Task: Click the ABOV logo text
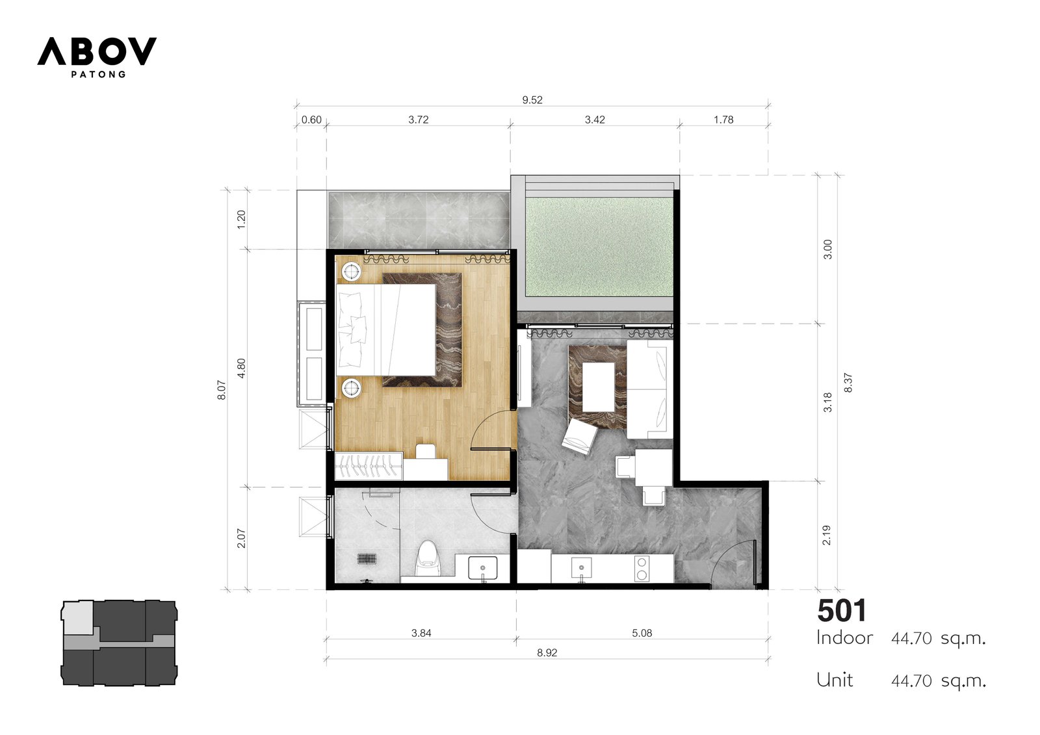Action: click(x=97, y=51)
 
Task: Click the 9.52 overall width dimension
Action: click(x=532, y=100)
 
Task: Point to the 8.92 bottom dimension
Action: click(x=547, y=652)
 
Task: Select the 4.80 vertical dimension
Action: click(x=241, y=368)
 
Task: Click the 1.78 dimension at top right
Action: click(x=723, y=120)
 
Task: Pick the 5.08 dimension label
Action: click(x=642, y=633)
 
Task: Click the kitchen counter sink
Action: click(x=581, y=568)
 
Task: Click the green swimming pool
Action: click(x=598, y=246)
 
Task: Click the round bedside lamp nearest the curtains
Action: click(x=352, y=271)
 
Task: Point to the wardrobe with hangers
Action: click(x=369, y=465)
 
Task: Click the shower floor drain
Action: click(x=367, y=559)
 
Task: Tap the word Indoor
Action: click(x=844, y=638)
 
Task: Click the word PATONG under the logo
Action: click(x=98, y=74)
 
